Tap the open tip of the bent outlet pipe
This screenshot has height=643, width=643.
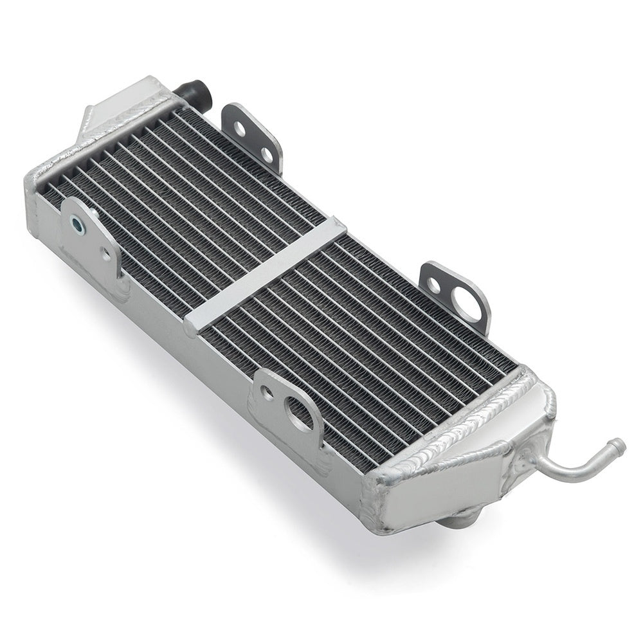[618, 444]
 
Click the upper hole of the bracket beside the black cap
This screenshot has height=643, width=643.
[239, 128]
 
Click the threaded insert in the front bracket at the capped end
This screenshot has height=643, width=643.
[77, 224]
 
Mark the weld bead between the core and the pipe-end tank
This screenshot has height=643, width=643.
[463, 424]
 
